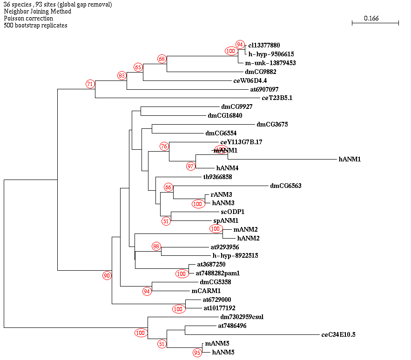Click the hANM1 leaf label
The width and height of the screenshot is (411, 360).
click(x=350, y=159)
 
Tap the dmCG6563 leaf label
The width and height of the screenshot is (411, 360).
click(x=286, y=186)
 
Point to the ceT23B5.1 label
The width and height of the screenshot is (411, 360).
click(x=277, y=98)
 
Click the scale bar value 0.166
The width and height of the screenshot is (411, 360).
click(x=371, y=18)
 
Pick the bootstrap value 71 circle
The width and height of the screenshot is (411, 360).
click(x=90, y=84)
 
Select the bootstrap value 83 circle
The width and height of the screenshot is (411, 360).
click(x=122, y=75)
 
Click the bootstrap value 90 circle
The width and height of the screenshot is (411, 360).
click(x=107, y=276)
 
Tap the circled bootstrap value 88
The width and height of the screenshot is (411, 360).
click(x=156, y=246)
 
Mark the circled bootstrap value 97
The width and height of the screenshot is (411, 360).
click(x=191, y=166)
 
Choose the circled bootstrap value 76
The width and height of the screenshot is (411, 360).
click(x=164, y=147)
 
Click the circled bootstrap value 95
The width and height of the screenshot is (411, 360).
click(x=197, y=353)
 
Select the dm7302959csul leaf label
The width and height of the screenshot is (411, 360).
click(x=242, y=317)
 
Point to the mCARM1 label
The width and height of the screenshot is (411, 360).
click(x=206, y=291)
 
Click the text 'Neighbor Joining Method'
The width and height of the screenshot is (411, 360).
click(x=37, y=11)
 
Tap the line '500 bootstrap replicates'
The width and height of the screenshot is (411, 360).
click(x=35, y=25)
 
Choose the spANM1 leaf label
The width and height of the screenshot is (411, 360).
click(x=226, y=220)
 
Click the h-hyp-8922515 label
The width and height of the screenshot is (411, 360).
click(x=236, y=255)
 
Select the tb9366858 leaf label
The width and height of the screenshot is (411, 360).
click(x=217, y=177)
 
